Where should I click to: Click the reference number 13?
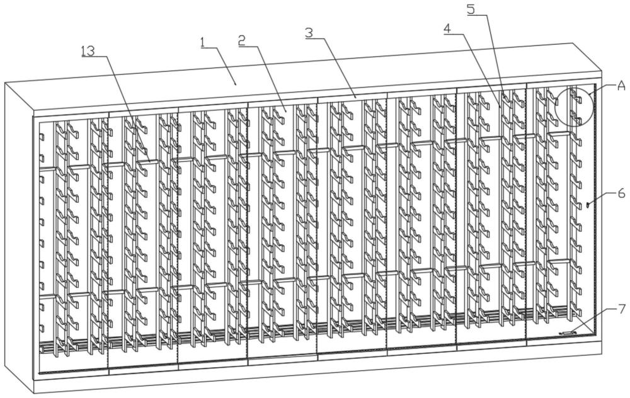tap(88, 51)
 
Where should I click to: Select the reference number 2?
tap(241, 40)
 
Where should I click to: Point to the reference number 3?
tap(309, 33)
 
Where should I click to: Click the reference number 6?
tap(621, 193)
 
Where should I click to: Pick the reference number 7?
tap(621, 309)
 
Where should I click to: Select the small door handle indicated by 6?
tap(587, 205)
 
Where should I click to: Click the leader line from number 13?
tap(123, 108)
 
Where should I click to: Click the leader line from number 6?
tap(603, 200)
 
